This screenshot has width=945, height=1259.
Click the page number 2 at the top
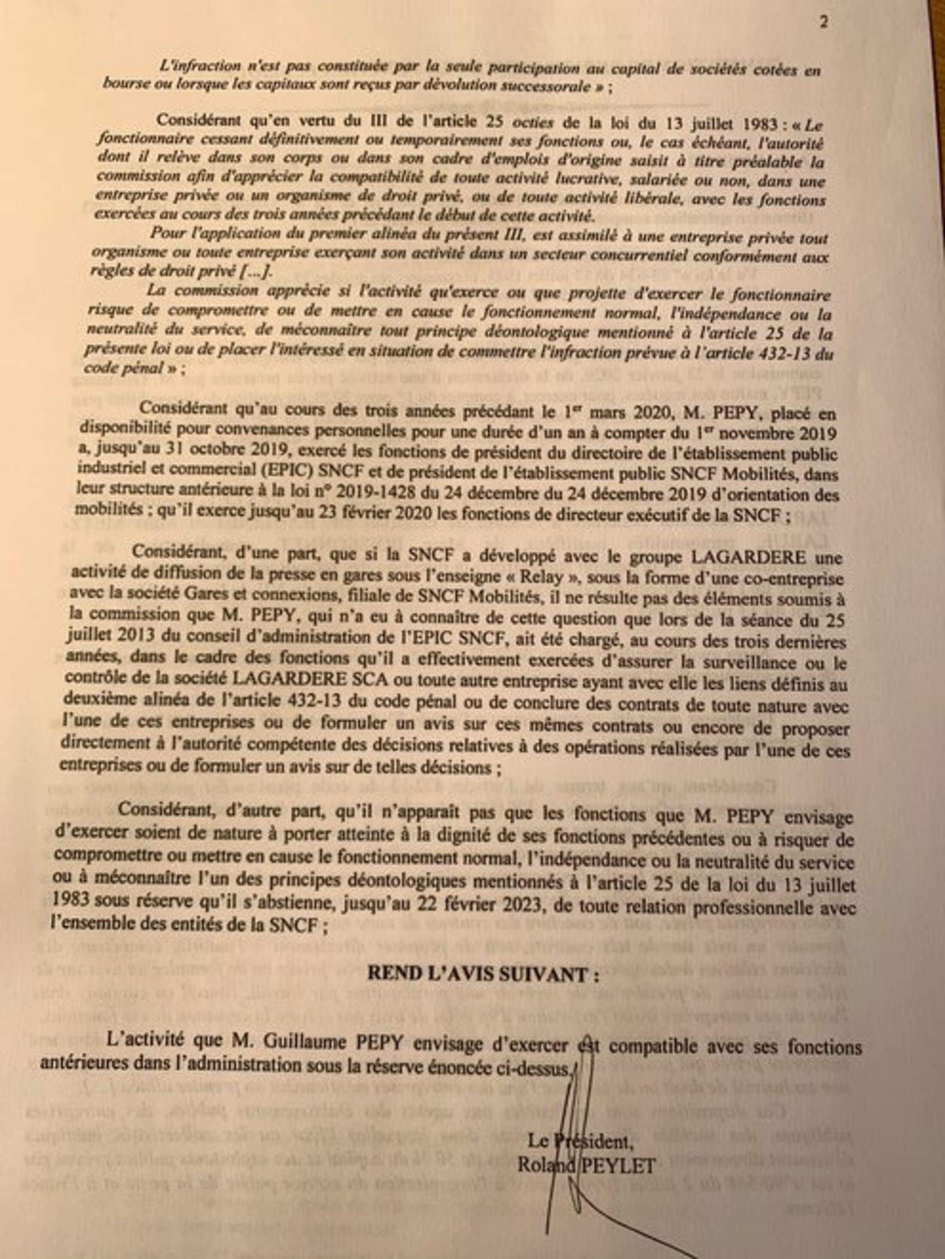tap(824, 22)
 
